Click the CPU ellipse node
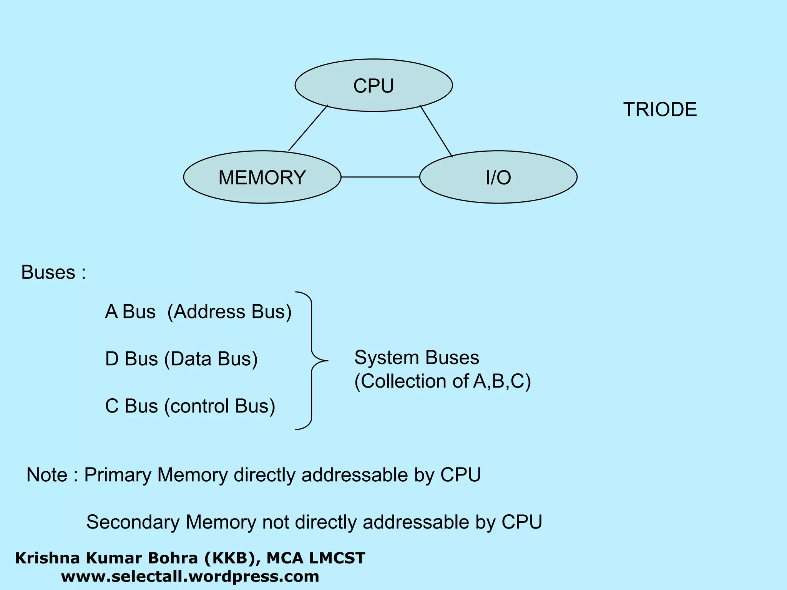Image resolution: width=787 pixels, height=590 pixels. (x=374, y=85)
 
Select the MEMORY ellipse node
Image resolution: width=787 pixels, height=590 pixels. (x=262, y=177)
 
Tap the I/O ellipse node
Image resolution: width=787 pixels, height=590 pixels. (x=498, y=177)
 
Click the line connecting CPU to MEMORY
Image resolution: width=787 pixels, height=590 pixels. (x=308, y=128)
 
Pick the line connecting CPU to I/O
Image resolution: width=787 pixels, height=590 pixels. (x=436, y=131)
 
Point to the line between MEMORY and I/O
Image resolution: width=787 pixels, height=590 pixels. (x=380, y=177)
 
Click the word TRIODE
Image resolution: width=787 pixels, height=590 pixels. (x=660, y=110)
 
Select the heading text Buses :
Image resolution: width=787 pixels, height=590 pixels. (x=53, y=272)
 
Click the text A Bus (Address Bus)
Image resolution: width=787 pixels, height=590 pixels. (x=198, y=312)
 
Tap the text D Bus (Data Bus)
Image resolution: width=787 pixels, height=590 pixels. (x=181, y=359)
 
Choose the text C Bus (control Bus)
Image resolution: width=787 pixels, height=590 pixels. (x=190, y=406)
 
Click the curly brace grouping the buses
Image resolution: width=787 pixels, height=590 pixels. (x=311, y=360)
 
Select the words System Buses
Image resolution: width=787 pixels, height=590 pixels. (x=417, y=358)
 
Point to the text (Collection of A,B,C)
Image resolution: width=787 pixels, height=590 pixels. (x=442, y=381)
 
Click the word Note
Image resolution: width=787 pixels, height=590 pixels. (x=47, y=475)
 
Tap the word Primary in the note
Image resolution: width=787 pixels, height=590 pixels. (x=118, y=475)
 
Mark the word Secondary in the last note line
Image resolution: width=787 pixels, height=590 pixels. (x=133, y=522)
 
